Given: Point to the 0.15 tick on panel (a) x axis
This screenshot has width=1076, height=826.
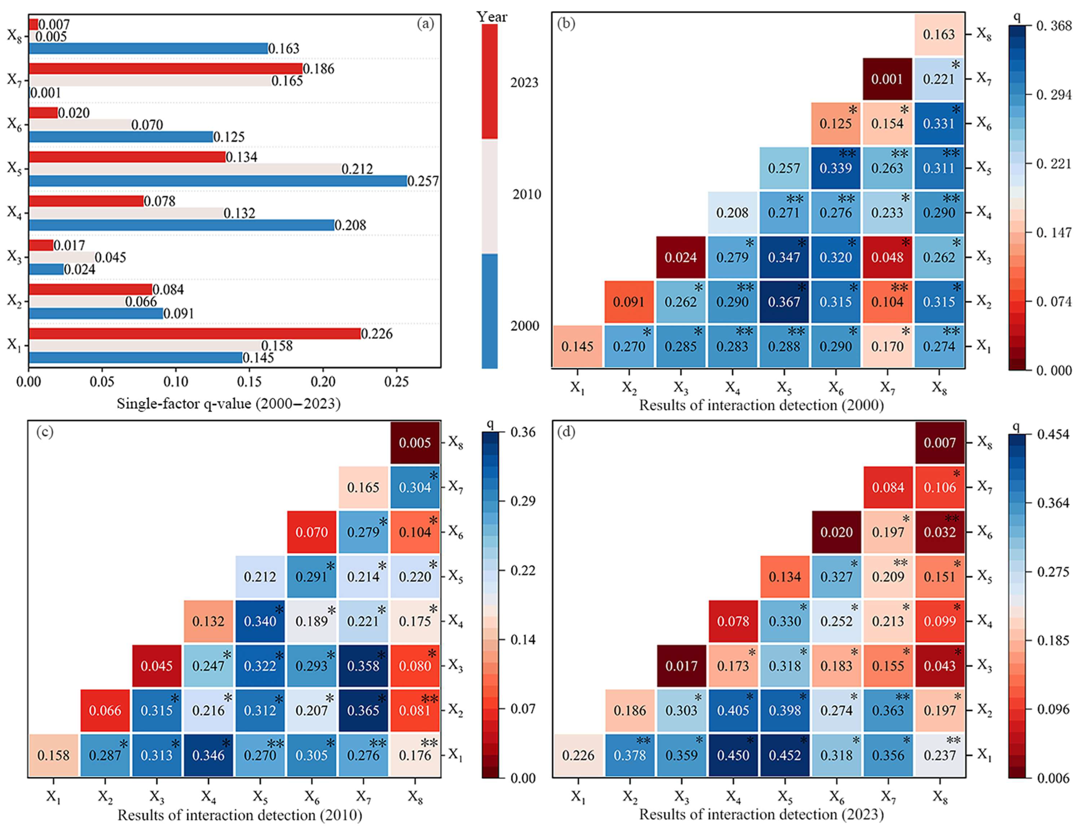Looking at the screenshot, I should point(249,382).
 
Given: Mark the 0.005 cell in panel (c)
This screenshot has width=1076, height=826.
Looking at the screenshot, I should point(415,442).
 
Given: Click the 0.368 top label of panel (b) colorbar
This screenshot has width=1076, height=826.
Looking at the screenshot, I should point(1054,26).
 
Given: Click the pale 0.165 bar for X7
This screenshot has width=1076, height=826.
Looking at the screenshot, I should point(150,81).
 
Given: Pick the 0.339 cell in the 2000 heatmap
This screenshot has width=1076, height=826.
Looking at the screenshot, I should point(836,168).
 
